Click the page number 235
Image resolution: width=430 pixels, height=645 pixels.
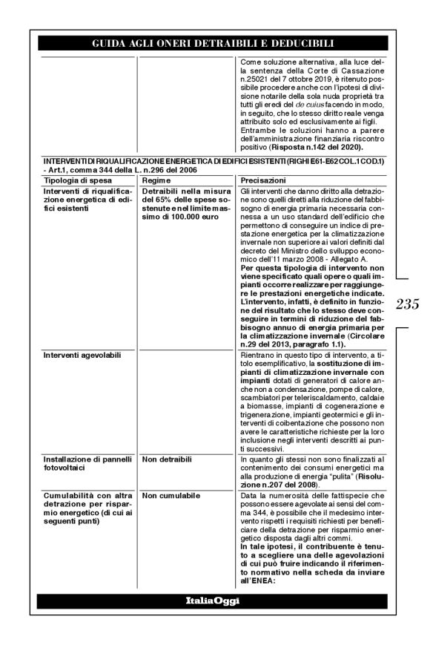point(408,304)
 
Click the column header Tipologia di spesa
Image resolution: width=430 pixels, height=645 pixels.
point(73,180)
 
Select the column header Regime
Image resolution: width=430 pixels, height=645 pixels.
point(156,180)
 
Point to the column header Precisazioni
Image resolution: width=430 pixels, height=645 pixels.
point(263,180)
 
